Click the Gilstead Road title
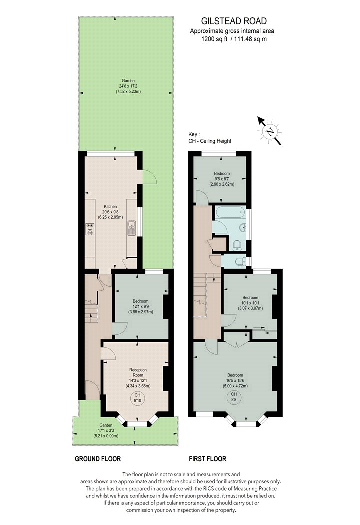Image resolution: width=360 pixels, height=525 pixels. click(234, 21)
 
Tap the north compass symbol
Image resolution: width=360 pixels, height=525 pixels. click(269, 131)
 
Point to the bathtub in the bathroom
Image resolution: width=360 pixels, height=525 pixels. click(230, 212)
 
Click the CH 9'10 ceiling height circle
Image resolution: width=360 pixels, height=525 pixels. click(138, 398)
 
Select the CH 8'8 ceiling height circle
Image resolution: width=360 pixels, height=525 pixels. click(234, 397)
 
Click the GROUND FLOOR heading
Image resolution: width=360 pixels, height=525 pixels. click(98, 459)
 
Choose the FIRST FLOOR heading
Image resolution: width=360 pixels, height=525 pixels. click(207, 459)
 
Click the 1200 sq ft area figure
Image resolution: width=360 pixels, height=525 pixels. click(214, 39)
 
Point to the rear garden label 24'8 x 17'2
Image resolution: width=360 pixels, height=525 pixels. click(128, 86)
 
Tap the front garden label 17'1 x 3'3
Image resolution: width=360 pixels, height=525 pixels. click(106, 431)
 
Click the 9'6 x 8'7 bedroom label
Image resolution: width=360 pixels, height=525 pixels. click(222, 179)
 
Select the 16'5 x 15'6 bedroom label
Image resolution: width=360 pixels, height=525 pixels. click(235, 380)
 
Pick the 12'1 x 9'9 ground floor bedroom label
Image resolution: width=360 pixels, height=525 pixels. click(140, 306)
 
